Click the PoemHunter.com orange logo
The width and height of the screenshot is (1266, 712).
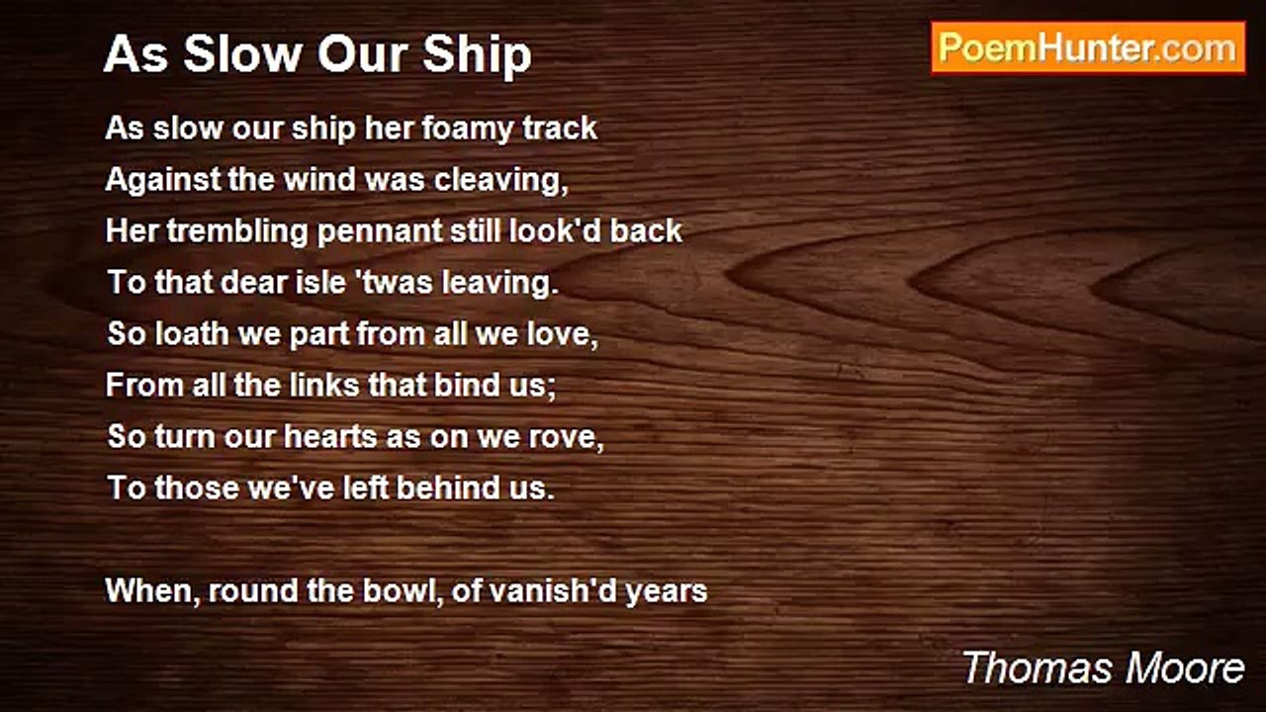coord(1088,48)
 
